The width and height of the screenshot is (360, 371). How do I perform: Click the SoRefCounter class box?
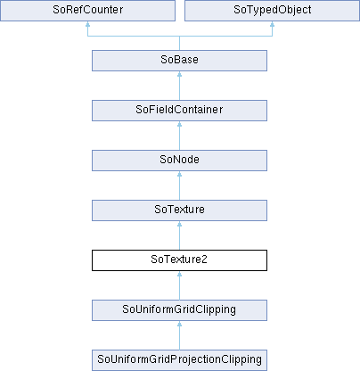point(87,11)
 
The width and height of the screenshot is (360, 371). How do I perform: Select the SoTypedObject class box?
point(272,11)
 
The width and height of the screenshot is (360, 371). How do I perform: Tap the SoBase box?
point(179,61)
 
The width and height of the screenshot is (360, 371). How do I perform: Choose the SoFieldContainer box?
point(179,111)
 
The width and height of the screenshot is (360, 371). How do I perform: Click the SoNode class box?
point(179,161)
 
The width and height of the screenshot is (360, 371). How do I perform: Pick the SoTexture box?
point(179,210)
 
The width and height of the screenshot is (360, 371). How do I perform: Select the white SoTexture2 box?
point(179,260)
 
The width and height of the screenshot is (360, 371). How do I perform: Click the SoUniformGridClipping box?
point(179,310)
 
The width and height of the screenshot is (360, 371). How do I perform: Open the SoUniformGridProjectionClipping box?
point(179,360)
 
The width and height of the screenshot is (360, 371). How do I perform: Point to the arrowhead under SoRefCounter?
point(87,24)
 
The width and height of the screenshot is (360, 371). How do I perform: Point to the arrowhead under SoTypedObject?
point(272,24)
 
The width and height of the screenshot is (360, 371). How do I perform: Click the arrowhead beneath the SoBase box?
point(179,74)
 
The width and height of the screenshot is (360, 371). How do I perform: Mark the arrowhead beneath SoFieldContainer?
point(179,124)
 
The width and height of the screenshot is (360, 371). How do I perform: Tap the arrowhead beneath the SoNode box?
point(179,174)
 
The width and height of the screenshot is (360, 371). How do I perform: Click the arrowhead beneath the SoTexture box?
point(179,224)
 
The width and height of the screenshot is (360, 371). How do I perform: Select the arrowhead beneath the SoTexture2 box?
point(179,274)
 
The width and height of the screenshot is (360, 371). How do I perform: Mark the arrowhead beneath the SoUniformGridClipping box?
point(179,324)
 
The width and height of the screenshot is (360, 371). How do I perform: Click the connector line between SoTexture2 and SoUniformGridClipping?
point(179,285)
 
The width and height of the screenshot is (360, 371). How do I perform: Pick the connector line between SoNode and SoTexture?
point(179,185)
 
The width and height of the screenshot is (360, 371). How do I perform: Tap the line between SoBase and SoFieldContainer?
point(179,86)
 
